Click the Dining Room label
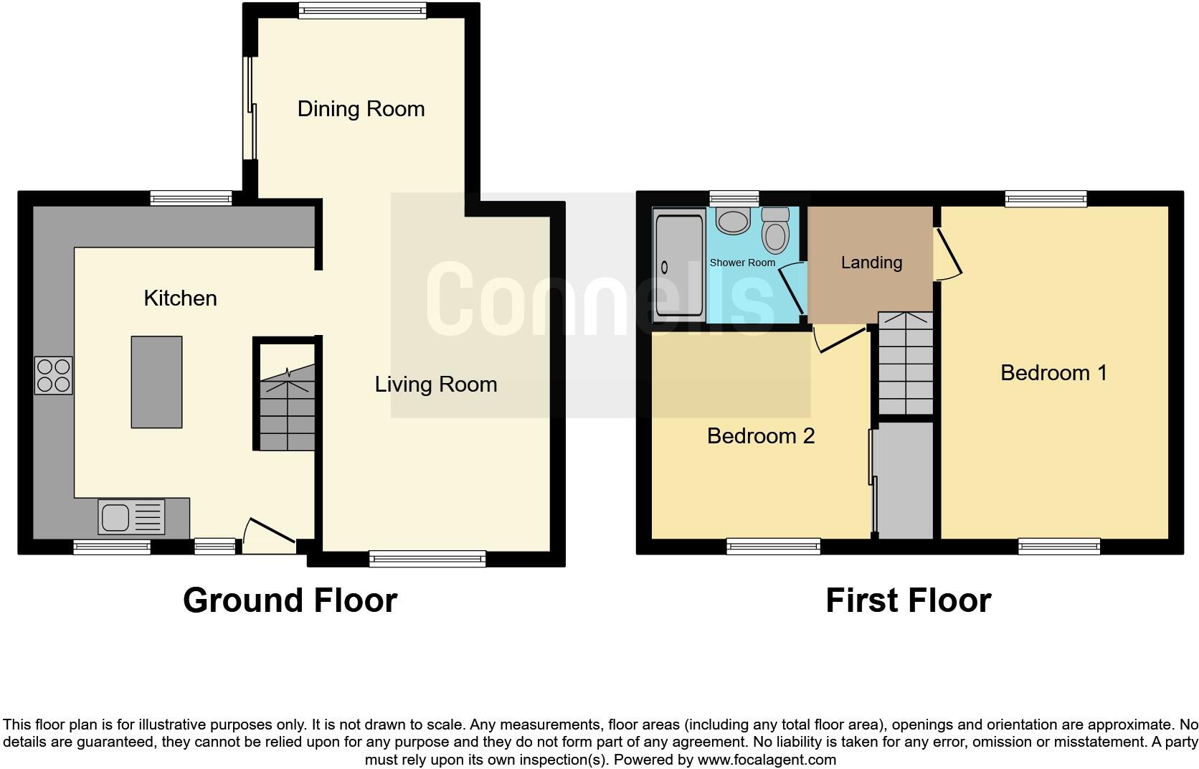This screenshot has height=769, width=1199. [x=361, y=109]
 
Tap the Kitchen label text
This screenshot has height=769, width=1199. [x=180, y=298]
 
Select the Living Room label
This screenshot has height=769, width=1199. [x=435, y=384]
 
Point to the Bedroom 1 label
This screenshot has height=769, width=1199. [x=1053, y=373]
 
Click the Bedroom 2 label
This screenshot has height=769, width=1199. [x=760, y=436]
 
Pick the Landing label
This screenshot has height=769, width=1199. [x=871, y=263]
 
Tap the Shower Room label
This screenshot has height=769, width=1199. [x=742, y=263]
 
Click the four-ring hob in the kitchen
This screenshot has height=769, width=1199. [x=54, y=375]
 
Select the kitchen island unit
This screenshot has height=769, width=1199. [x=156, y=382]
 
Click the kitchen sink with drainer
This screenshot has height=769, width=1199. [x=132, y=517]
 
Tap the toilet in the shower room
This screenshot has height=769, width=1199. [x=774, y=229]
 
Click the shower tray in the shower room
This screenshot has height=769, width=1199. [x=678, y=267]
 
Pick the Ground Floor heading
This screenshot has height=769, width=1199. [x=290, y=600]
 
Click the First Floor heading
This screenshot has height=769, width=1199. [x=908, y=600]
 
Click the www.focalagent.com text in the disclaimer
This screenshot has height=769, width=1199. [x=766, y=760]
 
